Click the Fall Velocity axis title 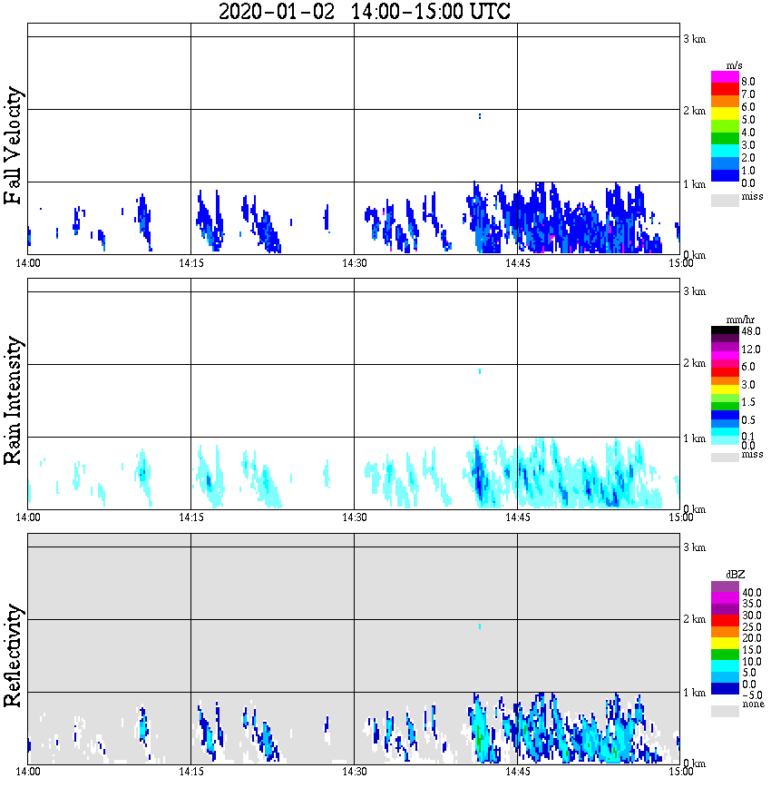pyautogui.click(x=13, y=146)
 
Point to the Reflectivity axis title pyautogui.click(x=13, y=656)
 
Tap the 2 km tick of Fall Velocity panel pyautogui.click(x=693, y=111)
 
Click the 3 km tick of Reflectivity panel pyautogui.click(x=693, y=547)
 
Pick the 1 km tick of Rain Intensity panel pyautogui.click(x=693, y=438)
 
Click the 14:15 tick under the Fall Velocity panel pyautogui.click(x=190, y=263)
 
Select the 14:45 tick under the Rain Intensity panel pyautogui.click(x=517, y=517)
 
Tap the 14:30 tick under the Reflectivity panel pyautogui.click(x=354, y=772)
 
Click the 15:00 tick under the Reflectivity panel pyautogui.click(x=680, y=772)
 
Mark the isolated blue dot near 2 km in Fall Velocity pyautogui.click(x=479, y=115)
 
